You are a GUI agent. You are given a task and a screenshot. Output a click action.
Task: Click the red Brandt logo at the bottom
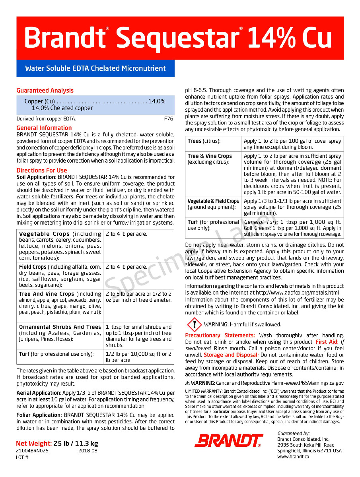(x=228, y=440)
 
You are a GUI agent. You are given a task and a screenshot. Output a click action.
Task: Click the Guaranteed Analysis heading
(x=45, y=91)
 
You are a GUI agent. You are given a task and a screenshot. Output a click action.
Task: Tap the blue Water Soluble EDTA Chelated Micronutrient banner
(x=95, y=68)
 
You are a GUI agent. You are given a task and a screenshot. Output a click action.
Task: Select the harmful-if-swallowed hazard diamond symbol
(x=194, y=325)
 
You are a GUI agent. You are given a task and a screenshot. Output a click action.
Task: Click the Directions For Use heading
(x=42, y=171)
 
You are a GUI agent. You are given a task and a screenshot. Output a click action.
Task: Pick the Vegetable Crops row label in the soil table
(x=44, y=234)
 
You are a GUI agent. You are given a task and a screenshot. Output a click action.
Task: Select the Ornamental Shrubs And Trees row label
(x=60, y=327)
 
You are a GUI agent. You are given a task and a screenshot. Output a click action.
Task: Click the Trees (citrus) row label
(x=204, y=141)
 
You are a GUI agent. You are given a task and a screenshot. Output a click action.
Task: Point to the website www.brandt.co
(x=293, y=457)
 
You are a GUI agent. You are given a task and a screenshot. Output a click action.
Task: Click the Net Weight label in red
(x=34, y=444)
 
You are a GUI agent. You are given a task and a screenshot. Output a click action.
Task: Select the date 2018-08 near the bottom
(x=88, y=451)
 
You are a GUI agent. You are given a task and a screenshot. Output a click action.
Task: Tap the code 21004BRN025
(x=32, y=451)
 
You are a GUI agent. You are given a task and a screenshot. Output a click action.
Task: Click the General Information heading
(x=44, y=128)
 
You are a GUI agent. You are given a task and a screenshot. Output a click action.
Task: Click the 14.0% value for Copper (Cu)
(x=157, y=101)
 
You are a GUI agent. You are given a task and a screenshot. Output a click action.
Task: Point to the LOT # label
(x=22, y=458)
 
